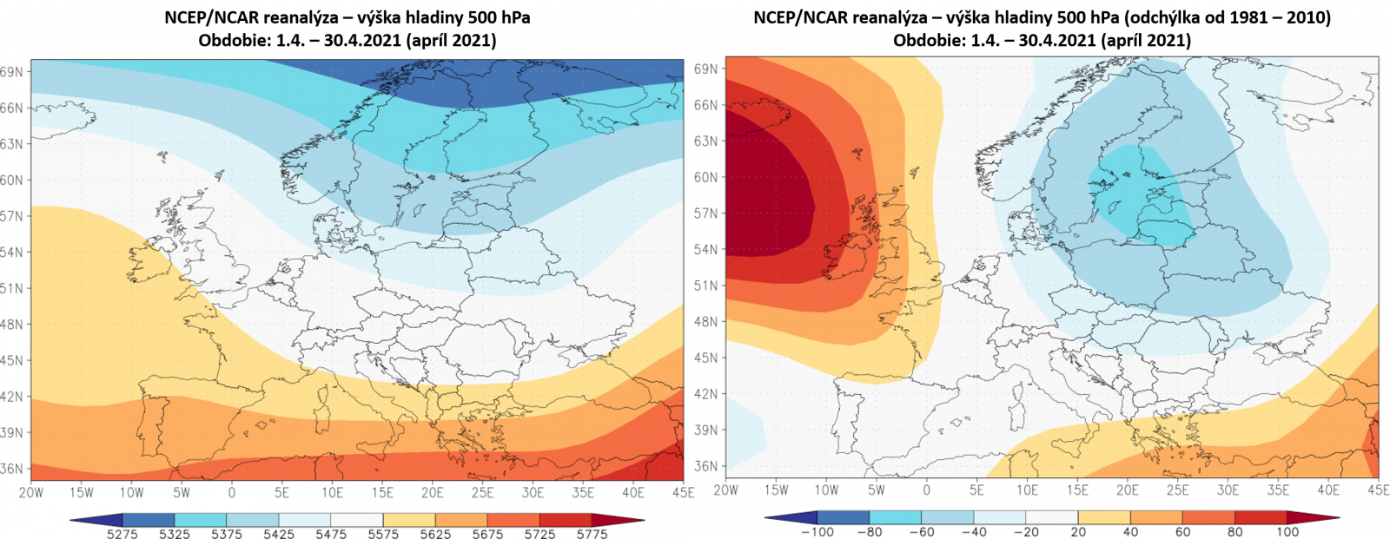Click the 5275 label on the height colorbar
click(122, 534)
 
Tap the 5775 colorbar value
click(592, 534)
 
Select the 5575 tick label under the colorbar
click(383, 534)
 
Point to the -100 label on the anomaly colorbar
click(816, 532)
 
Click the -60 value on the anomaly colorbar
click(920, 532)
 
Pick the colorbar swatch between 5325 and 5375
click(201, 520)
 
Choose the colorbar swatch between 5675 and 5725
click(514, 520)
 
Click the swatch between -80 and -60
click(896, 518)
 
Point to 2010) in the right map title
click(1307, 17)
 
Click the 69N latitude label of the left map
click(12, 72)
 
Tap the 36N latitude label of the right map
click(706, 466)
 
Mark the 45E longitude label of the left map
click(683, 492)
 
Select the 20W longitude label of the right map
click(725, 490)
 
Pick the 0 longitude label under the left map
click(231, 492)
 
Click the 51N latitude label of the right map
click(706, 286)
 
